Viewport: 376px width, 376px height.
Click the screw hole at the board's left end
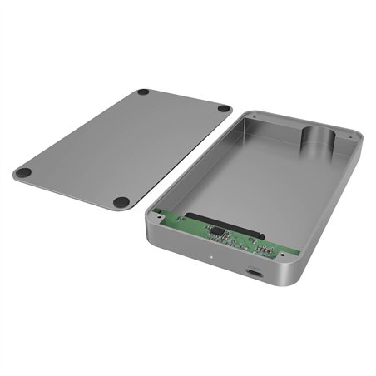(158, 211)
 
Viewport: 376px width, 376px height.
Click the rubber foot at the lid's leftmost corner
(23, 173)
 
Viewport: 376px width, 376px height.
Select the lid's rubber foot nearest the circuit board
(121, 201)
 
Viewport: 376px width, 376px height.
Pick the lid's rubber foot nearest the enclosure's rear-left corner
(224, 108)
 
